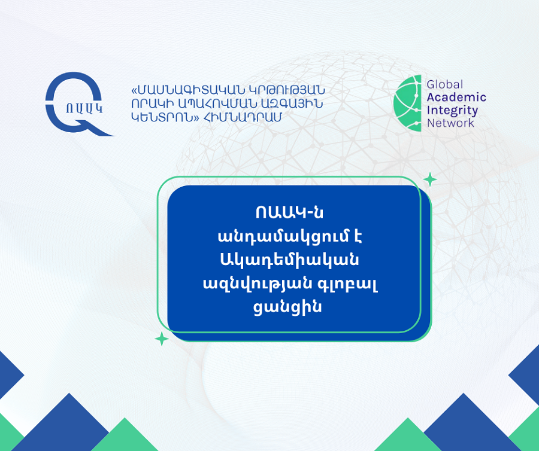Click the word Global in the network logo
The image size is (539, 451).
point(445,84)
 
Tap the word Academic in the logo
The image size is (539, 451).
point(456,97)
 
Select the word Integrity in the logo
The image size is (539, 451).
point(452,111)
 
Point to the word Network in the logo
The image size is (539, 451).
point(450,123)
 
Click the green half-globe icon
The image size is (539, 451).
point(408,103)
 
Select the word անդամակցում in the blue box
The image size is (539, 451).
point(282,237)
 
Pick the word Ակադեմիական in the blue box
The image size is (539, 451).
point(289,260)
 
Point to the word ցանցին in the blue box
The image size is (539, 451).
point(287,307)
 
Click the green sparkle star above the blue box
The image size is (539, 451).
point(429,179)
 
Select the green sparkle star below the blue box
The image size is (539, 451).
point(162,339)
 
